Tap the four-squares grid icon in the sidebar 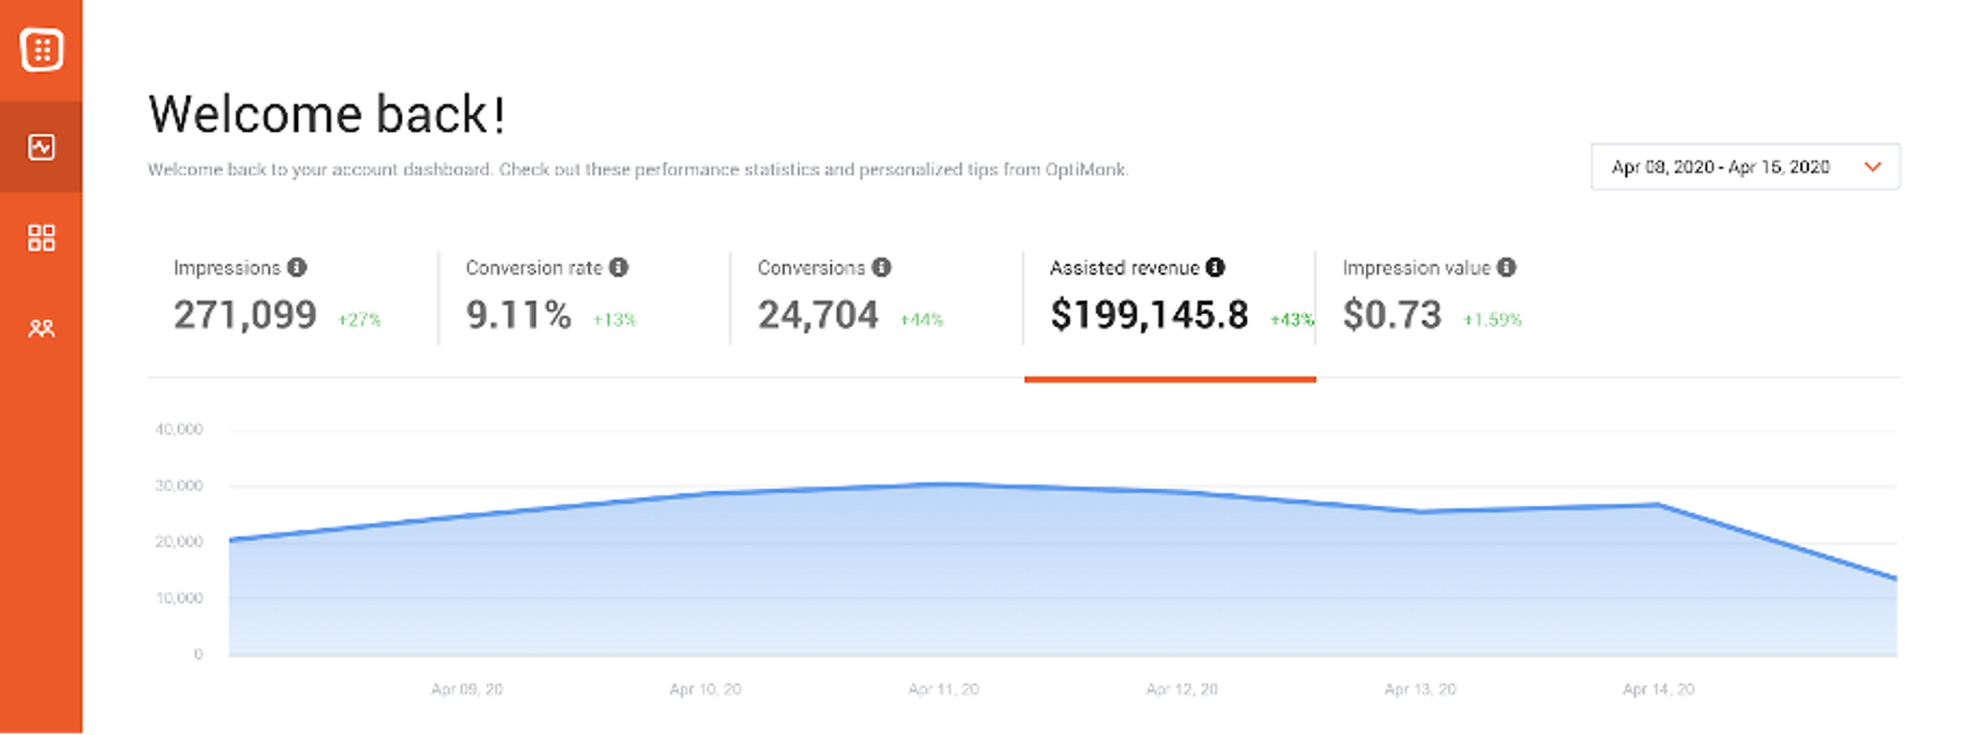point(41,238)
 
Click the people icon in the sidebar point(41,328)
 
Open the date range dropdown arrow point(1872,167)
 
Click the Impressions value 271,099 point(245,314)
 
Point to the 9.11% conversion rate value point(519,314)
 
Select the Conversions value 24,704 point(818,314)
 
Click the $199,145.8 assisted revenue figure point(1149,314)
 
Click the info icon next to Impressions point(297,267)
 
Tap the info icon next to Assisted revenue point(1216,267)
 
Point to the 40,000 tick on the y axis point(179,429)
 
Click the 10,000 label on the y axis point(179,599)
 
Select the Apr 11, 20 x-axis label point(943,690)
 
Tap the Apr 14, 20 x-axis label point(1658,690)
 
